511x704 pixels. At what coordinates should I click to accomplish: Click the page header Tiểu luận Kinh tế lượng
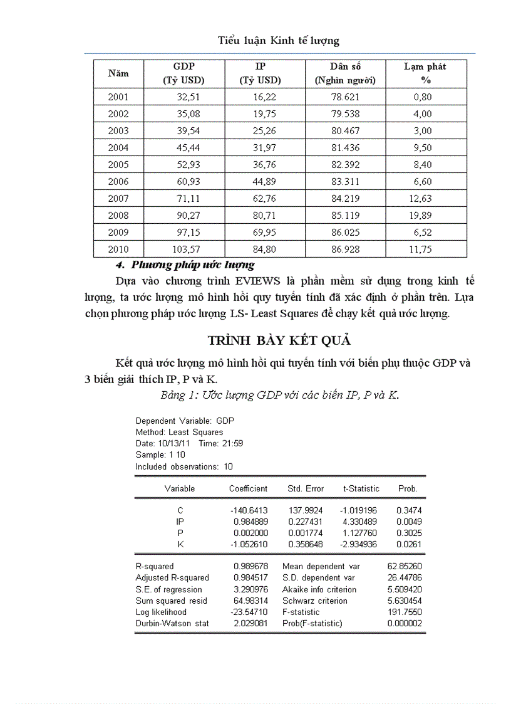[x=278, y=41]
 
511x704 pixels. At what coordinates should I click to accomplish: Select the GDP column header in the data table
[x=183, y=73]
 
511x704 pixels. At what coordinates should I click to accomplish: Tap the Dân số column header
[x=345, y=73]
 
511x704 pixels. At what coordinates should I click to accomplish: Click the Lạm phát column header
[x=425, y=73]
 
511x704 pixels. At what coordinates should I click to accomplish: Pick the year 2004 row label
[x=118, y=148]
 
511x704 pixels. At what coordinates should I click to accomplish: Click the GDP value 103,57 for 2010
[x=187, y=250]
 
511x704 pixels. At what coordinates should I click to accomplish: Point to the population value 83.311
[x=346, y=182]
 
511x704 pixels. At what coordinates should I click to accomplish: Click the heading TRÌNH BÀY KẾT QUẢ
[x=279, y=341]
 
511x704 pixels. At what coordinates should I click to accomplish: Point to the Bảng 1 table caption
[x=279, y=396]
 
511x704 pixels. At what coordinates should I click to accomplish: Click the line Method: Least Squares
[x=179, y=432]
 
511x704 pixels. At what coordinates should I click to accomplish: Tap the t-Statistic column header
[x=361, y=488]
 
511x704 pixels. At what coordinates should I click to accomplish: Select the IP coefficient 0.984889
[x=250, y=522]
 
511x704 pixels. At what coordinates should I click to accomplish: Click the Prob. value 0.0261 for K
[x=409, y=545]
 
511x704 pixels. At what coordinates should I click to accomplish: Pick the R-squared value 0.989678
[x=250, y=566]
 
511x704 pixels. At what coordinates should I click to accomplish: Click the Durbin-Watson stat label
[x=172, y=624]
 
